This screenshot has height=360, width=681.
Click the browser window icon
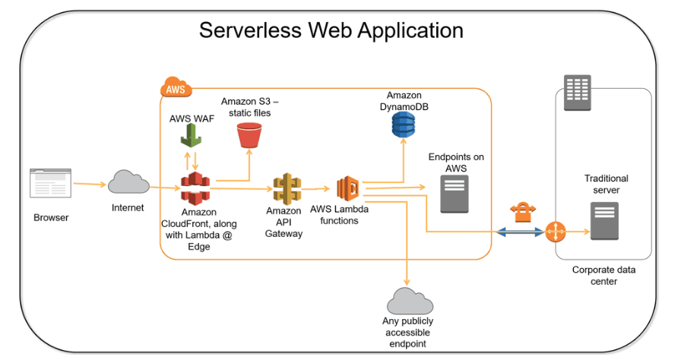point(52,183)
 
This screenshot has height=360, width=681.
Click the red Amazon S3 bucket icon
point(249,136)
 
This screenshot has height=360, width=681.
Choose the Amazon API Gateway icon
point(287,188)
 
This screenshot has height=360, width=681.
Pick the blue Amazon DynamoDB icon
point(404,122)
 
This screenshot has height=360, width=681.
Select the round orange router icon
point(556,232)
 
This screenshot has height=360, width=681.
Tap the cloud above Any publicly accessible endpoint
point(410,302)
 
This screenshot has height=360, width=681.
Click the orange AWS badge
point(176,88)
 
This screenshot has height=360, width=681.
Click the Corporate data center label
point(605,275)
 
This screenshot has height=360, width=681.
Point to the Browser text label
point(51,218)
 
